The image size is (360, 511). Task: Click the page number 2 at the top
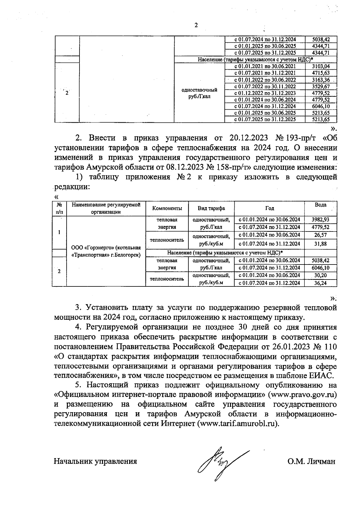click(196, 25)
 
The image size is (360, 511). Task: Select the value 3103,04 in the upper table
click(321, 66)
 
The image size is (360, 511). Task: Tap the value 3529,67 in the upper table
click(321, 86)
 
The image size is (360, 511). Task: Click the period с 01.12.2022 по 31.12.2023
click(265, 93)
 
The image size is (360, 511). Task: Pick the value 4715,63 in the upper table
click(321, 73)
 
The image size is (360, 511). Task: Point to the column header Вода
click(320, 205)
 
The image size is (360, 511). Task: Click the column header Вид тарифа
click(211, 208)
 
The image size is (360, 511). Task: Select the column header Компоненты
click(167, 208)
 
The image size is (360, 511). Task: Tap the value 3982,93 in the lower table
click(320, 220)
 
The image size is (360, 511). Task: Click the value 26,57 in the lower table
click(320, 235)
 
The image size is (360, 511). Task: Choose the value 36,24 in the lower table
click(320, 283)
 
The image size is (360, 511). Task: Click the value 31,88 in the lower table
click(320, 244)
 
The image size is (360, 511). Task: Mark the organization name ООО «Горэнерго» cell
click(106, 251)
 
